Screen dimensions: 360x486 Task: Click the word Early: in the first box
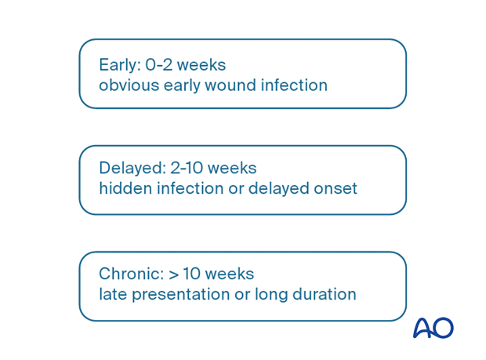(x=119, y=65)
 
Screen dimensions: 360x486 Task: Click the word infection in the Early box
(x=296, y=85)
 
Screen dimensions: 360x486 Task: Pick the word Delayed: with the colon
(x=131, y=168)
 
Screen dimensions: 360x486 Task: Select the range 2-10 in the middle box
(x=189, y=168)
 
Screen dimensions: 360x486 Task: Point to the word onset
(x=336, y=188)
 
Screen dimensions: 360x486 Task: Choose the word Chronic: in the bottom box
(x=131, y=274)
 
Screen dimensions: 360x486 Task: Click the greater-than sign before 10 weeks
(x=173, y=275)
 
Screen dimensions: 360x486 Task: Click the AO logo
(x=433, y=328)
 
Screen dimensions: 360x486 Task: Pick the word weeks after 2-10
(x=235, y=168)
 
